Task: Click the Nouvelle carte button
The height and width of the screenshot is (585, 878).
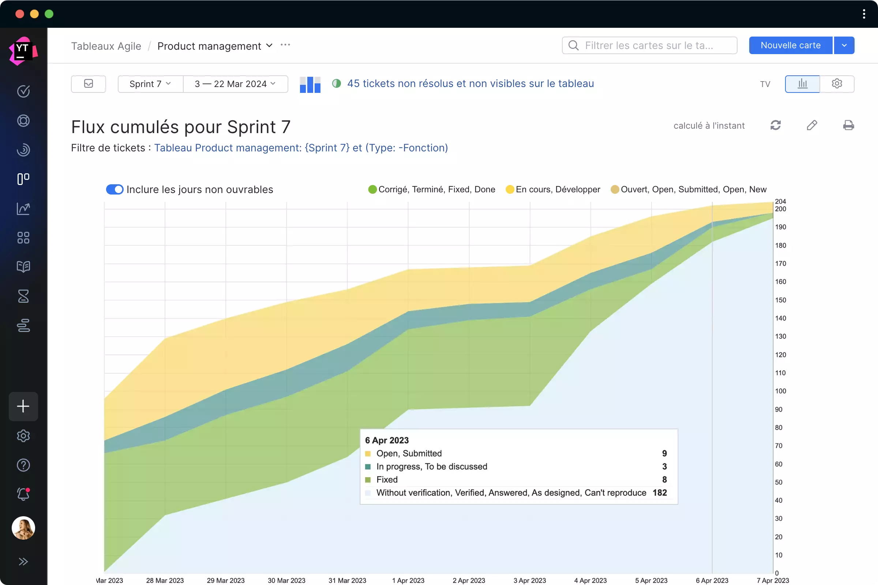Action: [x=790, y=45]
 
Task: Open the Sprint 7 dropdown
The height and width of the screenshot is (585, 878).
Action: [x=150, y=84]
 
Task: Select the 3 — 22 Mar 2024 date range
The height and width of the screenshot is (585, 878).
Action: [x=235, y=84]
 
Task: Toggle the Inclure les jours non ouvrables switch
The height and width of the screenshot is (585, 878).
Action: [x=115, y=189]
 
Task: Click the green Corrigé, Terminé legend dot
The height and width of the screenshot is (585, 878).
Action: [x=372, y=189]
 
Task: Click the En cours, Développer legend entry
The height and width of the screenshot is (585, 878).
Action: [x=557, y=189]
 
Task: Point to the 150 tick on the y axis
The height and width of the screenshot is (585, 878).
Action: [x=780, y=300]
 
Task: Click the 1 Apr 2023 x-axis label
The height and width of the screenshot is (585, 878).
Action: [x=408, y=580]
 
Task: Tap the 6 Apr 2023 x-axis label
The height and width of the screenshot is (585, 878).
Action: [x=712, y=580]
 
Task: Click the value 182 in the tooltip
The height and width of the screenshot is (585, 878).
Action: [x=660, y=492]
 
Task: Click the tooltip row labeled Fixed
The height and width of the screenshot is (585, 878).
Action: [x=387, y=479]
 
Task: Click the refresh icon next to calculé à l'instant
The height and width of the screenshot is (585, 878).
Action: [x=775, y=125]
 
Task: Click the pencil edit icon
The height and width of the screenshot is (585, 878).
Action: [x=811, y=125]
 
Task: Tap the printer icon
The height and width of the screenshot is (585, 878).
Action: [x=848, y=125]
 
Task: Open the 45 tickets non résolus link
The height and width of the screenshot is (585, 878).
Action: [x=470, y=84]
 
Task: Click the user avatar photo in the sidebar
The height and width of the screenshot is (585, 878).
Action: [x=23, y=528]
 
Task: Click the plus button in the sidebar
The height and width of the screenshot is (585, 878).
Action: [x=23, y=406]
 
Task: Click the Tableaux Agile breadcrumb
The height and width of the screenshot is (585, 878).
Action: [x=106, y=46]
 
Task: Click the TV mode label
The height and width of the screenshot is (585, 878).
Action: [x=765, y=84]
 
